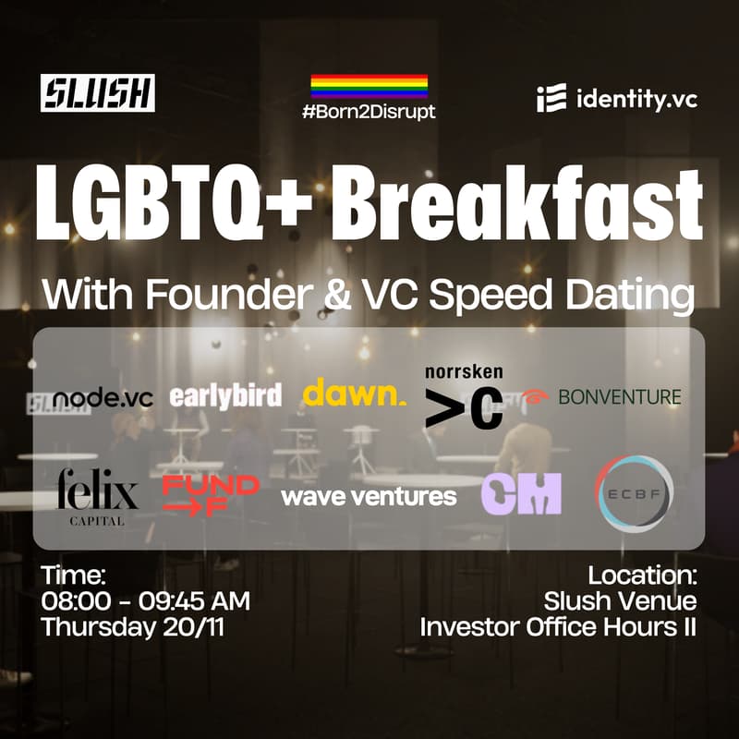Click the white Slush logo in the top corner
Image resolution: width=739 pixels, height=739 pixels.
click(98, 92)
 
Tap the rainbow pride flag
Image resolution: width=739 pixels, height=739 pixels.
click(369, 86)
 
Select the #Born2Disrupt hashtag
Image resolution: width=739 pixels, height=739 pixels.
click(369, 112)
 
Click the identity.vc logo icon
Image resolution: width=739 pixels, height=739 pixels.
click(546, 99)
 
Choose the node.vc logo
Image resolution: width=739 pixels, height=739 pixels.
click(102, 397)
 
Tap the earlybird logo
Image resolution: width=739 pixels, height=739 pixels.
click(225, 396)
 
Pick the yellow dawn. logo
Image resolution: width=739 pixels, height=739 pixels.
click(354, 394)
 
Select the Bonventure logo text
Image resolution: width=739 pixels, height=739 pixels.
click(619, 397)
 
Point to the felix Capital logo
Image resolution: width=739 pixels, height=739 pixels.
click(97, 497)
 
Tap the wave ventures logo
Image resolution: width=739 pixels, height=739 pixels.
click(369, 497)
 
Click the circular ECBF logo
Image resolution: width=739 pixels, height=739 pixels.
click(634, 493)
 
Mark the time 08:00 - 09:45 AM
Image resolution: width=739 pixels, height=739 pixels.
click(145, 601)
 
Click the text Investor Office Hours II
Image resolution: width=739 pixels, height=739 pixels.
click(558, 626)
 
